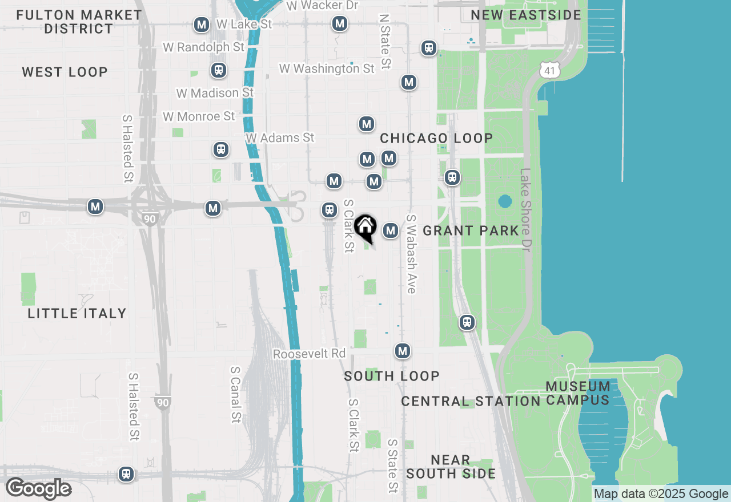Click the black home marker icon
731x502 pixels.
[x=365, y=227]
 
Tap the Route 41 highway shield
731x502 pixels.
[x=549, y=70]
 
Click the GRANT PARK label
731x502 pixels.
[x=471, y=230]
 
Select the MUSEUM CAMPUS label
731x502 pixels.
[x=578, y=393]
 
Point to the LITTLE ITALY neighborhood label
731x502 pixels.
[x=77, y=313]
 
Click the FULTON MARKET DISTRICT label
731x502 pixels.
[x=79, y=22]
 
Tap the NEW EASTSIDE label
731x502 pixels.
[x=526, y=15]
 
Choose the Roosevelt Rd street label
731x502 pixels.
[x=310, y=354]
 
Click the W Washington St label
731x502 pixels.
[x=327, y=68]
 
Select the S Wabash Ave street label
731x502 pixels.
[x=411, y=254]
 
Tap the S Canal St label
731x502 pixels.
[x=235, y=394]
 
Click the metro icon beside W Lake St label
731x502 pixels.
[x=201, y=25]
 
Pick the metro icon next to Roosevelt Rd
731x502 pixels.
[x=403, y=350]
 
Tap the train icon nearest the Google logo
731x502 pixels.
[x=126, y=473]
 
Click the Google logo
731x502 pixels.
[x=38, y=488]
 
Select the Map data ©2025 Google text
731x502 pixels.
[x=661, y=494]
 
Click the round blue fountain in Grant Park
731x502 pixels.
[x=505, y=201]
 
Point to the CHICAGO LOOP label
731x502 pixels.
[x=436, y=138]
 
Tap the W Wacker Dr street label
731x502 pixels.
[x=322, y=6]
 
